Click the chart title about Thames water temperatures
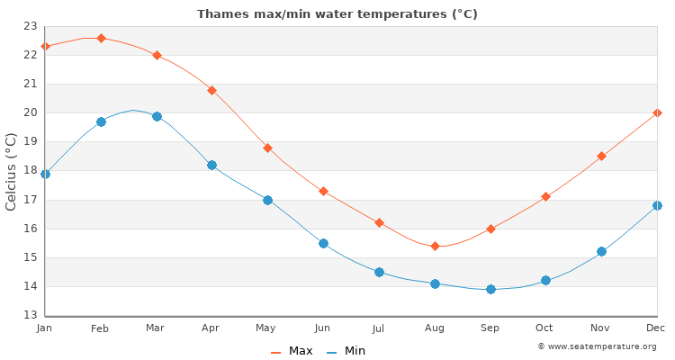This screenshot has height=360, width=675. (x=337, y=14)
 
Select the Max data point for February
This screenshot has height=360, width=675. (x=101, y=38)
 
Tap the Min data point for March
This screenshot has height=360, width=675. (x=157, y=116)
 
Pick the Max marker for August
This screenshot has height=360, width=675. (x=435, y=246)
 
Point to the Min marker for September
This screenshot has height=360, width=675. (x=490, y=289)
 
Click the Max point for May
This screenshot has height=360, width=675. (x=267, y=148)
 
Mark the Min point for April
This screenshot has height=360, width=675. (x=211, y=165)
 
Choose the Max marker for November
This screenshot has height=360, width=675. (x=601, y=156)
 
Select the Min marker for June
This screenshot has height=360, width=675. (x=323, y=243)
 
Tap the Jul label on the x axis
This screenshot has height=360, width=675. (x=378, y=328)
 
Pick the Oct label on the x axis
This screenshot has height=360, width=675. (x=544, y=328)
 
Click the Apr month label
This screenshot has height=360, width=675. (x=211, y=328)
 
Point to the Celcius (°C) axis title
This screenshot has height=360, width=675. (x=12, y=171)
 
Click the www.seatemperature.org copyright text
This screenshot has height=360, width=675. (x=597, y=346)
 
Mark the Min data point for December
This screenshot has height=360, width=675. (x=657, y=205)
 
